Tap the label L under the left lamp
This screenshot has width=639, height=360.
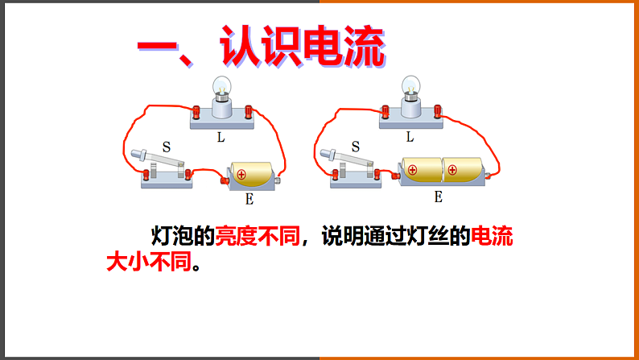coord(220,137)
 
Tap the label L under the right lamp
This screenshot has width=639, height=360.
coord(410,137)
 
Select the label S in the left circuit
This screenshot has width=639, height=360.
coord(166,147)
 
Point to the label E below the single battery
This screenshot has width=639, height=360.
coord(249,197)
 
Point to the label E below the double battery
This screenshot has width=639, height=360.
coord(439,196)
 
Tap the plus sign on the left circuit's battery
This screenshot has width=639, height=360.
coord(241,173)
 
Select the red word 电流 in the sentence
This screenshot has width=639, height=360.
coord(491,236)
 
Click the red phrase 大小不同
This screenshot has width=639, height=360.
coord(150,263)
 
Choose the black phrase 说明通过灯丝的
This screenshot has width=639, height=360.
coord(394,236)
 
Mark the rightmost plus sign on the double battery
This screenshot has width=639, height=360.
coord(452,170)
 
